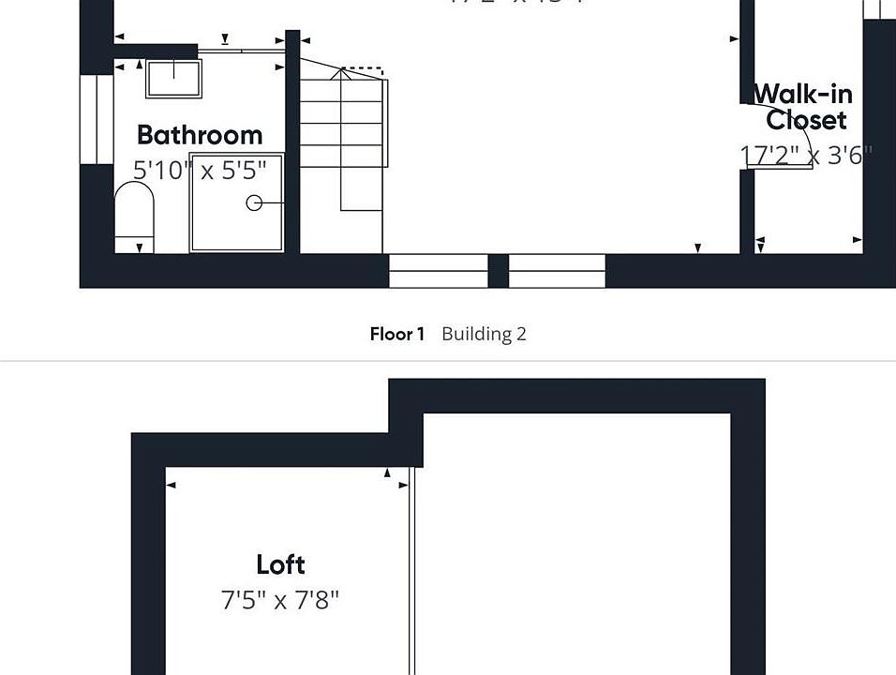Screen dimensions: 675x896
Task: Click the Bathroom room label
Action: coord(199,135)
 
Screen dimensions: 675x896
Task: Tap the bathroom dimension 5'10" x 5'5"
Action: coord(199,170)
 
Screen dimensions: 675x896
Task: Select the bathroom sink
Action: coord(173,78)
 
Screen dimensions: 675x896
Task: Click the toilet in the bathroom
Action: coord(133,213)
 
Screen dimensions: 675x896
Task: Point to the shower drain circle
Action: coord(254,202)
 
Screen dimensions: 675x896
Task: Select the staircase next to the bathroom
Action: coord(342,131)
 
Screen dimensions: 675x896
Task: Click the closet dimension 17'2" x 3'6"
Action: coord(805,155)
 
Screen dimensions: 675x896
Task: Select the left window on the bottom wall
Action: coord(438,271)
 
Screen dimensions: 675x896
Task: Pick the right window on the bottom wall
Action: coord(557,271)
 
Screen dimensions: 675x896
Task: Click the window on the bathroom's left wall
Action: coord(96,119)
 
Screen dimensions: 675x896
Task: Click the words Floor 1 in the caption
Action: coord(397,334)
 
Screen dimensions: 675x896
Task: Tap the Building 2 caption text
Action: coord(484,334)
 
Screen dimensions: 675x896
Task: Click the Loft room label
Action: coord(280,564)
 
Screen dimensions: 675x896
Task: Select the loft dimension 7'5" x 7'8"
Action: coord(280,600)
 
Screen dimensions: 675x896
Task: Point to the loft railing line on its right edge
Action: coord(411,572)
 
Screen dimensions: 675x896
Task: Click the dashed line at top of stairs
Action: coord(363,70)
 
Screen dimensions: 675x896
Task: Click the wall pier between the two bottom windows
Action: coord(498,271)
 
